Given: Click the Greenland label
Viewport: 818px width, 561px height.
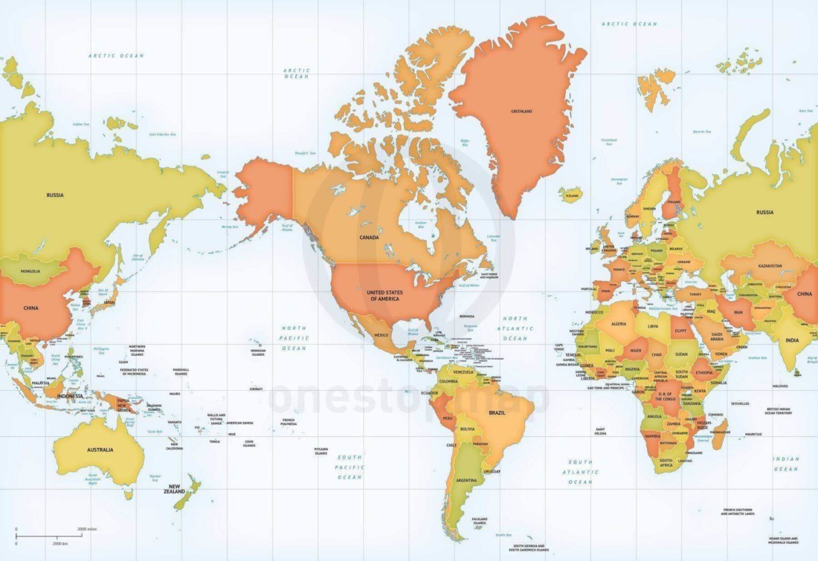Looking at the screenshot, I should (521, 111).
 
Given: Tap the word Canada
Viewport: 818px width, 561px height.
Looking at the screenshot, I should (370, 238).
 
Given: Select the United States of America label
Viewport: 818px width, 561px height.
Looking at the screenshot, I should (384, 296).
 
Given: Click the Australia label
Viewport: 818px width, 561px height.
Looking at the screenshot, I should (100, 450).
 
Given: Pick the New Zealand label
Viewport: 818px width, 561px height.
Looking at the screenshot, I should (175, 490).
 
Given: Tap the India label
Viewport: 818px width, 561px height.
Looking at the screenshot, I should (793, 340).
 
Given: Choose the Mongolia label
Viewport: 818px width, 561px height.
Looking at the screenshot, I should (31, 272).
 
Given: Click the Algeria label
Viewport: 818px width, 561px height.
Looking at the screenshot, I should (619, 324).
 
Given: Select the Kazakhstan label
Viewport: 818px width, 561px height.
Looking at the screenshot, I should (770, 265).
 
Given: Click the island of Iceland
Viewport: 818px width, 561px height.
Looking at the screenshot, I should (571, 195).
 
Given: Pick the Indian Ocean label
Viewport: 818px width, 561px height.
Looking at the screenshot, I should (786, 464).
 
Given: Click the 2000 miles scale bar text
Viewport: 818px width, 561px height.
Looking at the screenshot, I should (88, 528).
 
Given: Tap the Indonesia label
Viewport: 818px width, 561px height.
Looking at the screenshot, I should (70, 396).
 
